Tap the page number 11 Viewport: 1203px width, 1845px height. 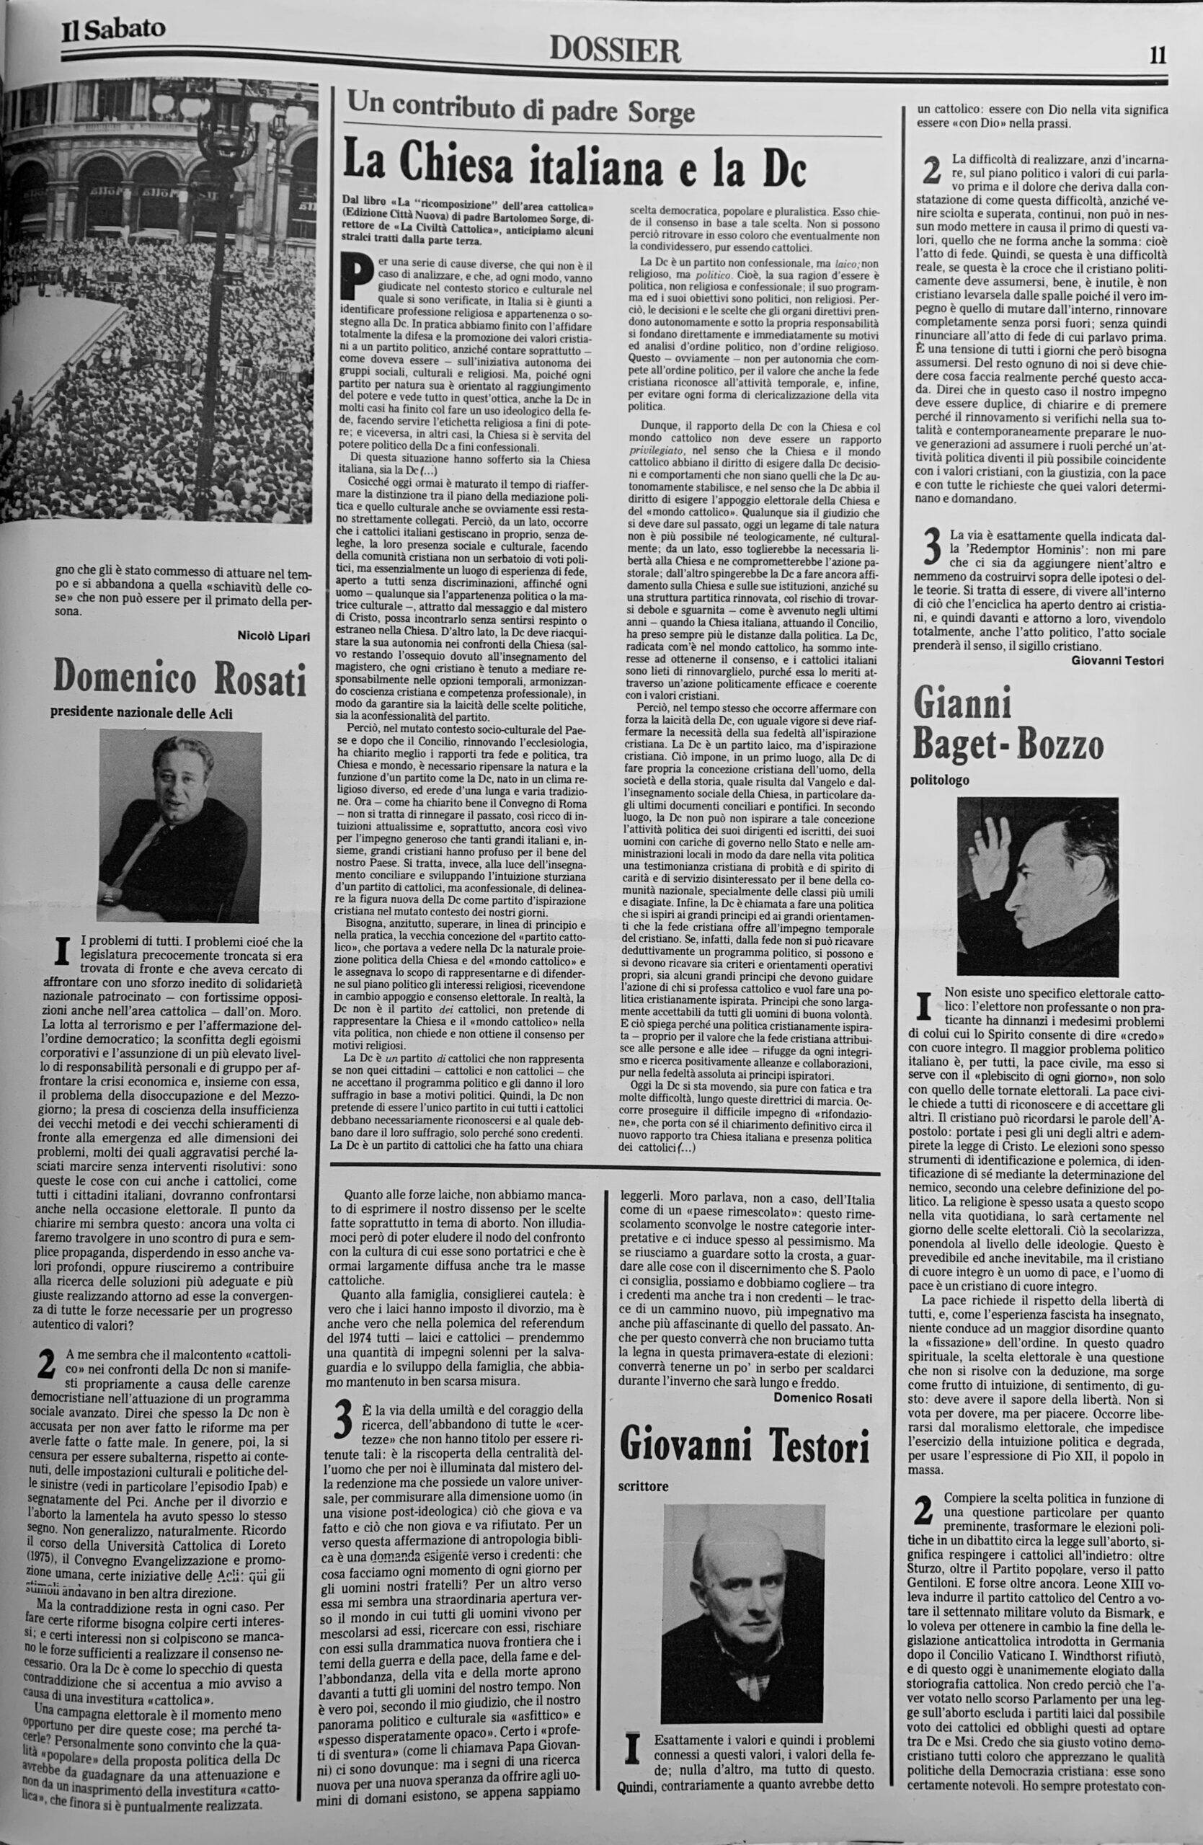tap(1158, 55)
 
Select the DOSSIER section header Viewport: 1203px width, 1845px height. tap(615, 51)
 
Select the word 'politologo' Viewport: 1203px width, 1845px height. tap(939, 781)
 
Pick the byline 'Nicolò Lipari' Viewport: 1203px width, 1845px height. tap(273, 636)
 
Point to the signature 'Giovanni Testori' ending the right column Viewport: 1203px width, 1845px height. tap(1118, 659)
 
